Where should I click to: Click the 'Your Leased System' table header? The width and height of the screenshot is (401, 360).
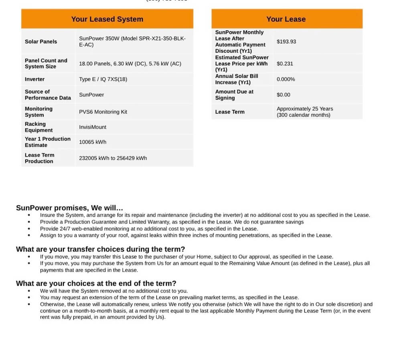[107, 19]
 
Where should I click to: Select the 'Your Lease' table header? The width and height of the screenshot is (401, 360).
[286, 19]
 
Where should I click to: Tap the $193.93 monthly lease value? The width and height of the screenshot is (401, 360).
[286, 41]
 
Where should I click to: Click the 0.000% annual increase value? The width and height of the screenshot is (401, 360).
[286, 79]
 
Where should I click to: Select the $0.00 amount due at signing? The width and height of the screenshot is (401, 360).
[283, 95]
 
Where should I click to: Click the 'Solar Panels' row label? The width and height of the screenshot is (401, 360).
[41, 41]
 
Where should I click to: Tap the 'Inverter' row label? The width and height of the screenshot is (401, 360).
[35, 79]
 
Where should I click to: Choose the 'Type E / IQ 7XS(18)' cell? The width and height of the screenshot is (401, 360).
[103, 79]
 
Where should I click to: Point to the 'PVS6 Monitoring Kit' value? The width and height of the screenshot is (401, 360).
[103, 112]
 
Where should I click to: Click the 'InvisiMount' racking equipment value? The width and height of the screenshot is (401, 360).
[93, 127]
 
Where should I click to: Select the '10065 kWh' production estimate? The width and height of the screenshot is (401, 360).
[93, 142]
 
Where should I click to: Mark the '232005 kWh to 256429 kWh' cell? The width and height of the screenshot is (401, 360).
[113, 158]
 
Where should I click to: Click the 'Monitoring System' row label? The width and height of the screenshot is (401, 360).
[38, 112]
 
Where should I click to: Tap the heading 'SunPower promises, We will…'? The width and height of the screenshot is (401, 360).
[69, 208]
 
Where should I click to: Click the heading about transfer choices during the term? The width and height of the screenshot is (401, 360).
[100, 249]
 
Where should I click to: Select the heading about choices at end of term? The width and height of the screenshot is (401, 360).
[96, 283]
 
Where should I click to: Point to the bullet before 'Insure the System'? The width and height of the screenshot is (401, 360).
[29, 215]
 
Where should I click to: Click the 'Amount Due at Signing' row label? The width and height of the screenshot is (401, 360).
[234, 95]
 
